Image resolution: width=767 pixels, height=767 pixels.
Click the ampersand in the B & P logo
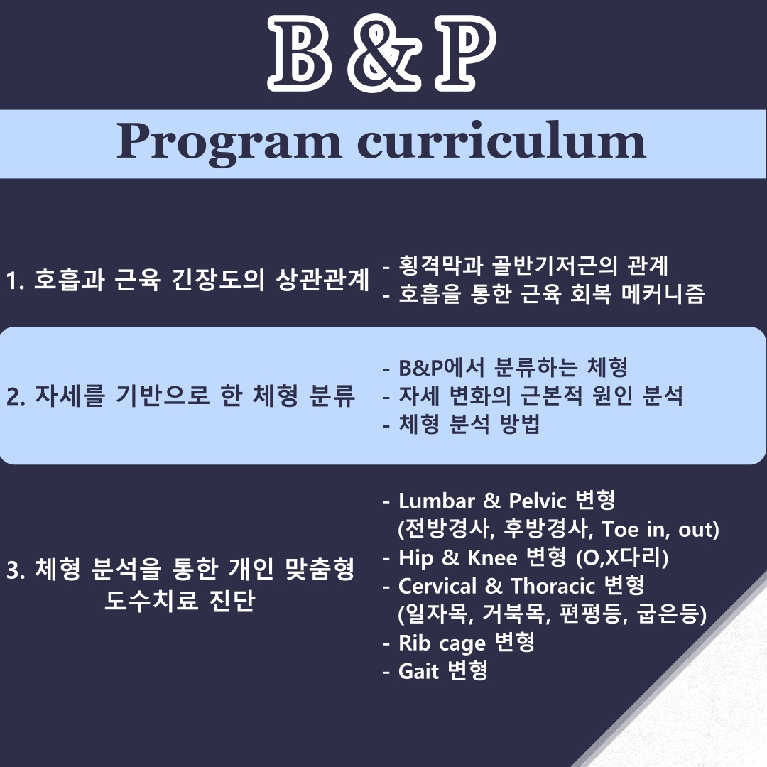pos(383,55)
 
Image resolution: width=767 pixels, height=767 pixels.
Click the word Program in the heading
pos(229,143)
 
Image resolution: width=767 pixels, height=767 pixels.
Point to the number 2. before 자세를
pos(16,397)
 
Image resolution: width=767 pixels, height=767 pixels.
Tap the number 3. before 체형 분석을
pos(16,570)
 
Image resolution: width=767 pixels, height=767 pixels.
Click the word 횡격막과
pos(441,266)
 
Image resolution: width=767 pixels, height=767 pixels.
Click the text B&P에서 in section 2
pos(441,368)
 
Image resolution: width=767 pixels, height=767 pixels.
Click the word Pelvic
pos(537,501)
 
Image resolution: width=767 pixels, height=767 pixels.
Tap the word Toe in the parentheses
pos(620,530)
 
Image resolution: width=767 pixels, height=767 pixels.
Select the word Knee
pos(492,558)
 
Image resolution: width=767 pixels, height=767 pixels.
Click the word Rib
pos(414,643)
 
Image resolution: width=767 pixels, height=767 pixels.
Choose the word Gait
pos(419,672)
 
